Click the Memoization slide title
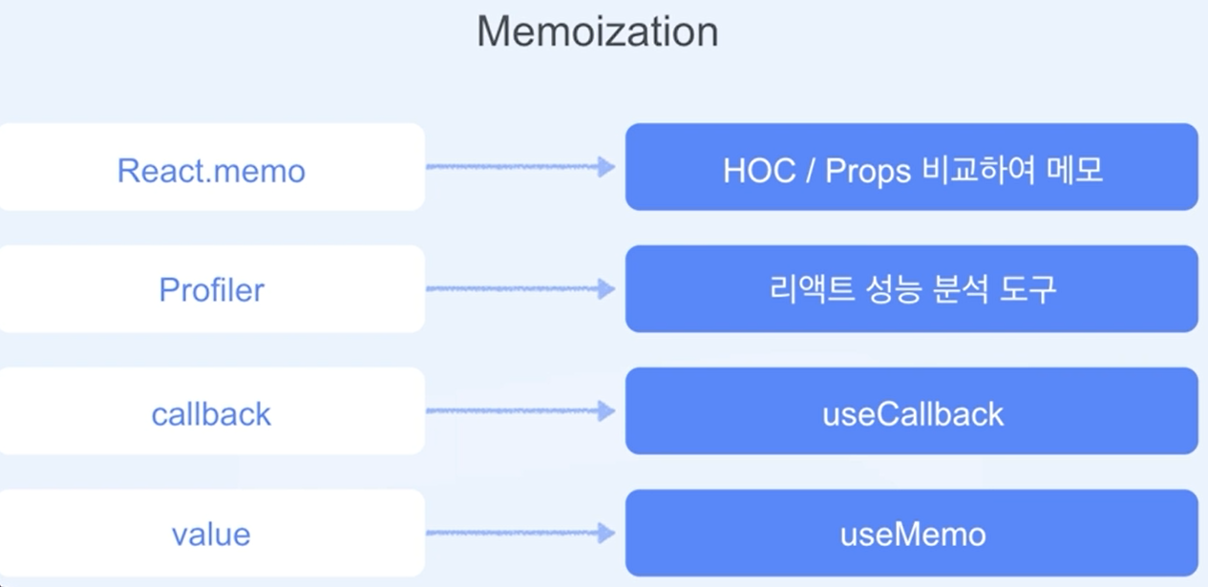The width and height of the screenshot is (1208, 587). [x=597, y=32]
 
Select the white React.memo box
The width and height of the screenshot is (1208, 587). [x=211, y=167]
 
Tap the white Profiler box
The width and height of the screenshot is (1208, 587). [x=211, y=289]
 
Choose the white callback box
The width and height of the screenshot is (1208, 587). [x=211, y=411]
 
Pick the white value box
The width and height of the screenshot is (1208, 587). [x=211, y=534]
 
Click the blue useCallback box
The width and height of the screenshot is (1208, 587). [x=912, y=411]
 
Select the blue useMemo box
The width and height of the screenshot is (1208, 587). [x=912, y=534]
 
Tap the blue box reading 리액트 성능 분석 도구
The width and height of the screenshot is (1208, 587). [x=912, y=289]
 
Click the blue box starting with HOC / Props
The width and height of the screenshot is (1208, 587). [x=912, y=167]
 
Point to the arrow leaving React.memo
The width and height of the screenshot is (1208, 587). [x=520, y=167]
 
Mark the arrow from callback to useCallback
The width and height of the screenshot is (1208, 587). [x=520, y=411]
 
